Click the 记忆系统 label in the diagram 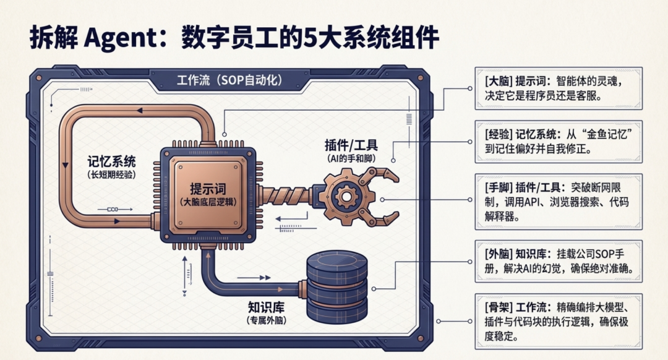coord(111,162)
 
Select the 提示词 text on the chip coord(207,189)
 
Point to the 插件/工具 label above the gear coord(351,145)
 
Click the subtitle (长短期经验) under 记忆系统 coord(111,176)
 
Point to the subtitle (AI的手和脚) coord(351,159)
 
